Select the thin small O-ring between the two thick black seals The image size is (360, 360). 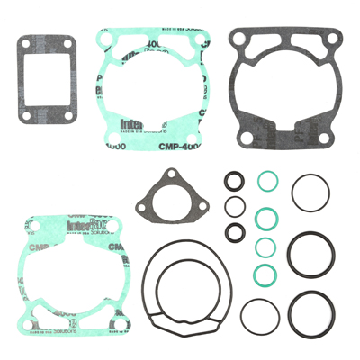234,205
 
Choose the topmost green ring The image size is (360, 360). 266,181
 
